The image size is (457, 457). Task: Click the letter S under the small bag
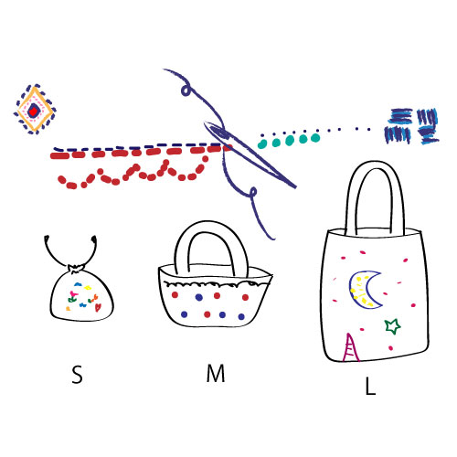[77, 374]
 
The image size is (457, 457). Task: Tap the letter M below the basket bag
[216, 373]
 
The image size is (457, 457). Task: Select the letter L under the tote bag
[370, 386]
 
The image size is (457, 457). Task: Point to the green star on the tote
[392, 326]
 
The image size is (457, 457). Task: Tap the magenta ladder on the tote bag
[351, 347]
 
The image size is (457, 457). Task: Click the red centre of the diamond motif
[33, 111]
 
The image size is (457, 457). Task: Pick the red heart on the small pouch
[98, 308]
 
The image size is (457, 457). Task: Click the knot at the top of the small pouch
[76, 269]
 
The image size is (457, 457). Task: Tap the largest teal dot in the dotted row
[315, 138]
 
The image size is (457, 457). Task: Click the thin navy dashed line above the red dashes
[137, 147]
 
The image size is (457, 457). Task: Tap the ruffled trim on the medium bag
[217, 284]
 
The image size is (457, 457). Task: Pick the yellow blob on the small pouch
[88, 287]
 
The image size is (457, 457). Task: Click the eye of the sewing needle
[218, 132]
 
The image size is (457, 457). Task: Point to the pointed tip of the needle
[295, 186]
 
